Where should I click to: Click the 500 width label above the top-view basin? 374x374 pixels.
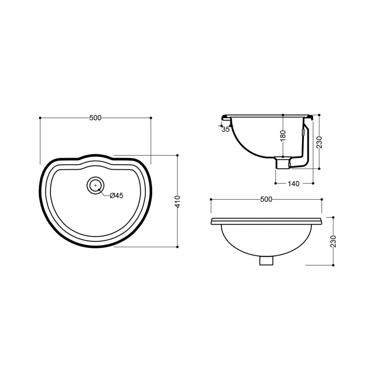(x=95, y=118)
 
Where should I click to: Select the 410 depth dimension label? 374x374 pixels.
(x=178, y=201)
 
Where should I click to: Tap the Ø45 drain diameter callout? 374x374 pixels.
(x=116, y=195)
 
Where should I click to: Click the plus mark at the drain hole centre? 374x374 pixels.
(x=96, y=185)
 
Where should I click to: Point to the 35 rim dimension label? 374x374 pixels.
(x=225, y=129)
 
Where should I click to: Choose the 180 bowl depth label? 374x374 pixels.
(x=283, y=136)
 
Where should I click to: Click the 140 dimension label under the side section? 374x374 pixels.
(x=293, y=184)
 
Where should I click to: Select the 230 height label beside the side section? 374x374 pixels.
(x=319, y=142)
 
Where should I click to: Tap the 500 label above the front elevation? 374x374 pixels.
(x=266, y=199)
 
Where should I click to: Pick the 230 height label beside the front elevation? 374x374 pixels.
(x=333, y=241)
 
